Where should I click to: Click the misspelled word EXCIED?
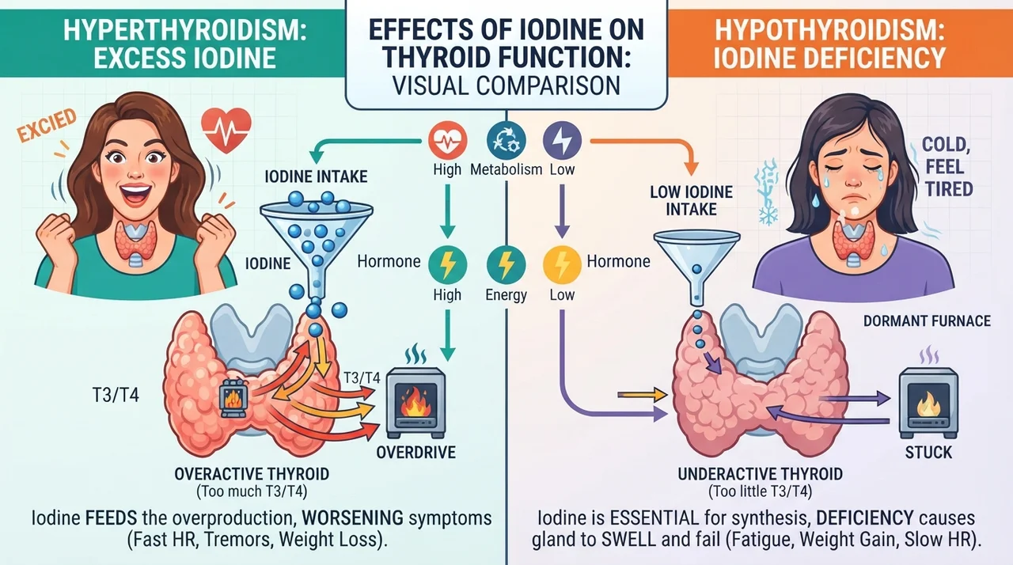[47, 125]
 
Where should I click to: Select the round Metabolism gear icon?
[506, 140]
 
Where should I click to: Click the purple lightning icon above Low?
[562, 140]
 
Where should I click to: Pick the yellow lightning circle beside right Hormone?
[562, 265]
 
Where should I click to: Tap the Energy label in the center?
[506, 295]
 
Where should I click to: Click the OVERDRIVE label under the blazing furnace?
[416, 453]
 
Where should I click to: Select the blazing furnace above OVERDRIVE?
[416, 402]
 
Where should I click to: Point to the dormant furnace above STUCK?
[928, 403]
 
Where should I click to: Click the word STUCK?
[928, 453]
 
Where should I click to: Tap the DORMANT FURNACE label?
[927, 321]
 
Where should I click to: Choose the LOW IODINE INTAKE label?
[692, 201]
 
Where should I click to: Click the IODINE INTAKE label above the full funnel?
[316, 176]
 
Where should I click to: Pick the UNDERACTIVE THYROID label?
[761, 474]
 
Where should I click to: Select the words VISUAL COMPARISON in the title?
[506, 86]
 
